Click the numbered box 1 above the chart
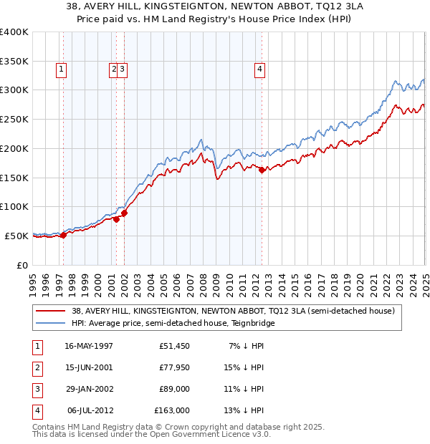tap(62, 69)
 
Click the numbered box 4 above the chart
tap(259, 69)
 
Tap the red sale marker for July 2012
tap(262, 170)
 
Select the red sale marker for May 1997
tap(63, 234)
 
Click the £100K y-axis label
tap(14, 206)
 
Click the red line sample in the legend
tap(51, 311)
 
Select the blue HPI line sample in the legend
tap(51, 323)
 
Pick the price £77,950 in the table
tap(172, 367)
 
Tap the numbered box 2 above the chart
tap(114, 69)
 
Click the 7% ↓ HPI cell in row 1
tap(246, 346)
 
